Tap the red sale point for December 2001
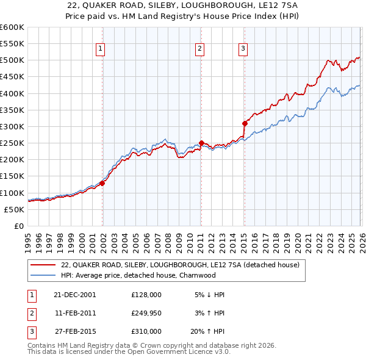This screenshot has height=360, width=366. pos(102,183)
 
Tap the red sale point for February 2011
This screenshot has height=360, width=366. pos(201,143)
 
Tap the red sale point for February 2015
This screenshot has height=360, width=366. pos(245,123)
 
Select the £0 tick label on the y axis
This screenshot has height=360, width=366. pos(19,226)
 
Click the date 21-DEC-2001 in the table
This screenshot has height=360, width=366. pos(74,294)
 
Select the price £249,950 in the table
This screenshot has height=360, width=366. pos(146,312)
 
